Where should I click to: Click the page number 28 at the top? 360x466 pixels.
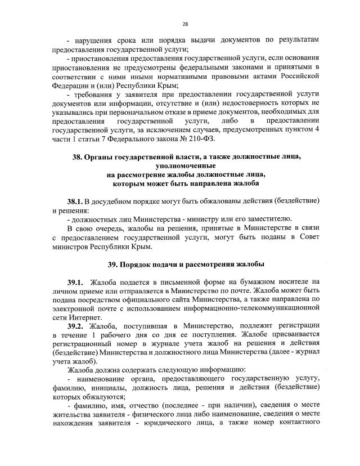coord(184,24)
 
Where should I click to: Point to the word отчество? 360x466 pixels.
coord(143,407)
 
